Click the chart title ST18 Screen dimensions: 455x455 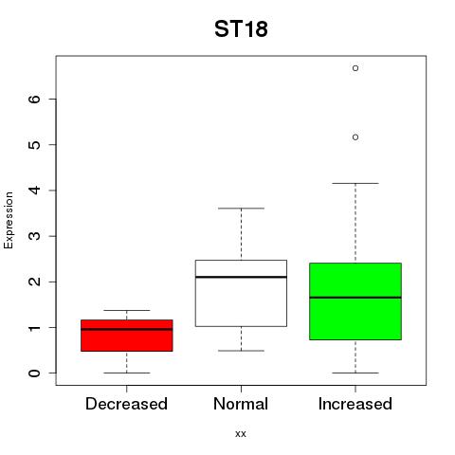click(241, 29)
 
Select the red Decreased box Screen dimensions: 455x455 click(127, 336)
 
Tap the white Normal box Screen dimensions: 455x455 click(241, 293)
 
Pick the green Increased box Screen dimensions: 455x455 click(355, 301)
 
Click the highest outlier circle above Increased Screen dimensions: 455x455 click(355, 68)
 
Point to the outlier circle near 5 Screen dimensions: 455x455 click(355, 137)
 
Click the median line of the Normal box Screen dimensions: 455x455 click(241, 277)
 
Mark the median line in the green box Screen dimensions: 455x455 click(355, 298)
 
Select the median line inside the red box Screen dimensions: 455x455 click(127, 329)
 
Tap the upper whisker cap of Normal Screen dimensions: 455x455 click(241, 209)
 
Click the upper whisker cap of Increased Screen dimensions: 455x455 click(355, 183)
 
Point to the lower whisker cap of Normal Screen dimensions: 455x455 click(241, 351)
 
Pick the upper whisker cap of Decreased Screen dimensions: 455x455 click(127, 310)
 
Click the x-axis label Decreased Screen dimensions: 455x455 click(126, 404)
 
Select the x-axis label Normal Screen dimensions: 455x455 click(241, 404)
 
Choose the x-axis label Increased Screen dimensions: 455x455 click(355, 404)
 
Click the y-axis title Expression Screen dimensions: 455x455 click(9, 221)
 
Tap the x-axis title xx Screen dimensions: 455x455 click(241, 434)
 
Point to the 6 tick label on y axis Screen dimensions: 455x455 click(35, 99)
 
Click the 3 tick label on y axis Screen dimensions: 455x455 click(35, 236)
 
